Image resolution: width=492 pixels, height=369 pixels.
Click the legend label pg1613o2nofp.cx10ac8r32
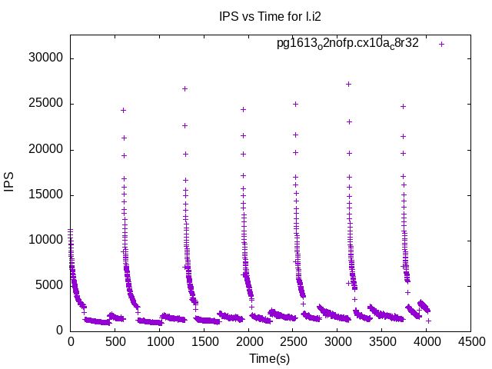(x=347, y=44)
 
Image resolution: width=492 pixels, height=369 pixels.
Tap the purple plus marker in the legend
(x=441, y=44)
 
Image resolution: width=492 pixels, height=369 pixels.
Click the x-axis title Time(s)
(x=269, y=358)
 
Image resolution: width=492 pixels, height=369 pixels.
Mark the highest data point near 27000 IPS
(x=349, y=85)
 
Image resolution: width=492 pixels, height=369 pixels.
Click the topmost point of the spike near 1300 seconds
(x=184, y=88)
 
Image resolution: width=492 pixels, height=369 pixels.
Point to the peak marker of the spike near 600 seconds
(x=123, y=110)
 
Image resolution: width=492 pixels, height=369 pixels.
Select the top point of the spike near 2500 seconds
(x=295, y=104)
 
